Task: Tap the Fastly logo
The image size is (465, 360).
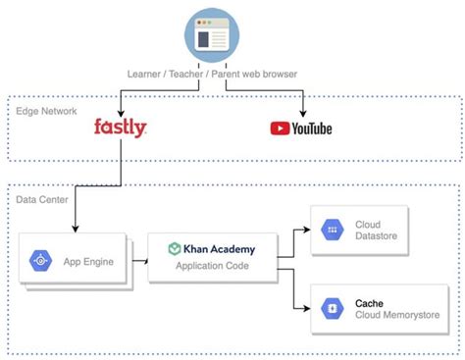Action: pyautogui.click(x=120, y=128)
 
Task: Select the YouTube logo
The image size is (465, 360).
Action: pyautogui.click(x=301, y=128)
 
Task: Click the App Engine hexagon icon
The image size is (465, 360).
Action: pyautogui.click(x=41, y=261)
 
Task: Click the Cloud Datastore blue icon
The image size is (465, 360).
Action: pyautogui.click(x=331, y=231)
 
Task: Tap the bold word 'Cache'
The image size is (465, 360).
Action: pyautogui.click(x=370, y=303)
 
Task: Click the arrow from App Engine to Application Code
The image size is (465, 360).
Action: pyautogui.click(x=138, y=259)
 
